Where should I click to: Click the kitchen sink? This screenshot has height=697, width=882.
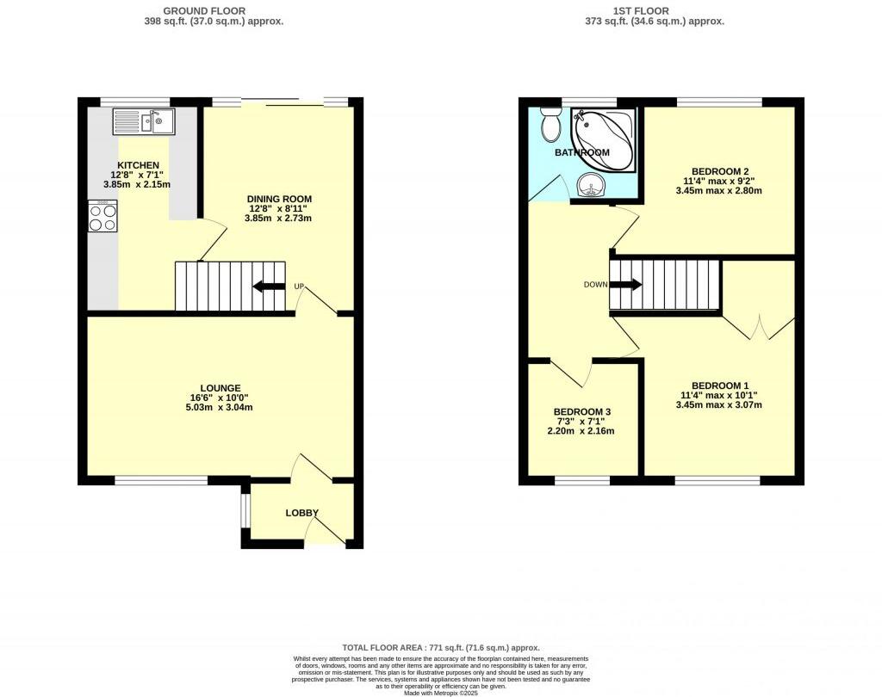[143, 121]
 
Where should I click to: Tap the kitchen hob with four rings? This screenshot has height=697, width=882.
[102, 215]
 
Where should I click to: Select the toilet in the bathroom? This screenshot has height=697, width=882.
[549, 126]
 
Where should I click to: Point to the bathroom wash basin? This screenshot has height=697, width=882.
[591, 184]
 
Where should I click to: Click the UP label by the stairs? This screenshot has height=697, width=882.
[299, 287]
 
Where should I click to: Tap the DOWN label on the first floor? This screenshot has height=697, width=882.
[595, 285]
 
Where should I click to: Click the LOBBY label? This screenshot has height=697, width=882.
[302, 513]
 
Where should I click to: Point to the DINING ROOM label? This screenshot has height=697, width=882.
[280, 199]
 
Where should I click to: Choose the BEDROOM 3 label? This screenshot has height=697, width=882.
[582, 412]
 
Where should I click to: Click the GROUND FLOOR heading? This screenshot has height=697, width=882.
[213, 10]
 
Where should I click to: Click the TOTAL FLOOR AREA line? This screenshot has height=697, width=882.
[440, 647]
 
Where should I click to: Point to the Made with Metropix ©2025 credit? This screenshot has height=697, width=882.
[440, 692]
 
